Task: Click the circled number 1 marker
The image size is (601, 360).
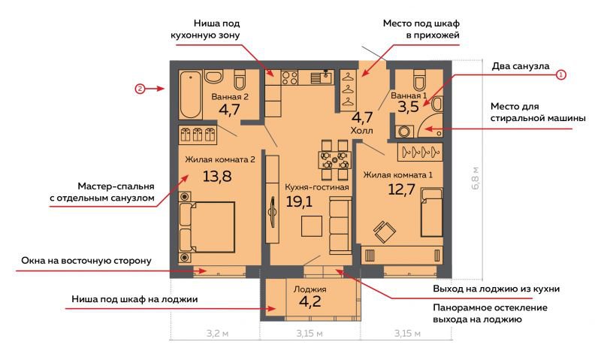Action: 560,74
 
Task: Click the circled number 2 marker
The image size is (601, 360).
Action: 140,89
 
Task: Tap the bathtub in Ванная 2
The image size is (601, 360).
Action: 191,94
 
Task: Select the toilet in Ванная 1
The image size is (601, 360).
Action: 420,79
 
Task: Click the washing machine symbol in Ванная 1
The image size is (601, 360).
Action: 404,132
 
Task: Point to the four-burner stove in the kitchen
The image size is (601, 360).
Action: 289,78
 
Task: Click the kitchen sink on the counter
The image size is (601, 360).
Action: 322,77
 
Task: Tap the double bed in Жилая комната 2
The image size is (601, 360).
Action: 207,227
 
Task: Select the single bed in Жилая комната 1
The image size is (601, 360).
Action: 431,213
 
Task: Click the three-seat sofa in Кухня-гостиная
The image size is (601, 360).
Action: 340,225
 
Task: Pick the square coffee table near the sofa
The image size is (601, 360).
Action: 311,225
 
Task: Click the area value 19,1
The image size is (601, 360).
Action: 299,201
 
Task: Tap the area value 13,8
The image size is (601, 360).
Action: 217,176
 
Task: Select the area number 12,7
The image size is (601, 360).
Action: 401,189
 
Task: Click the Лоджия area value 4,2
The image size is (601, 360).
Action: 310,301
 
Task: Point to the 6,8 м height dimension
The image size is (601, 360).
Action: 476,179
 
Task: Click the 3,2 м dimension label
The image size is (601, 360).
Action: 217,333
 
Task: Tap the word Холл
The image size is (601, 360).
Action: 361,130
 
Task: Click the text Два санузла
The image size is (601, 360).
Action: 521,66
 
